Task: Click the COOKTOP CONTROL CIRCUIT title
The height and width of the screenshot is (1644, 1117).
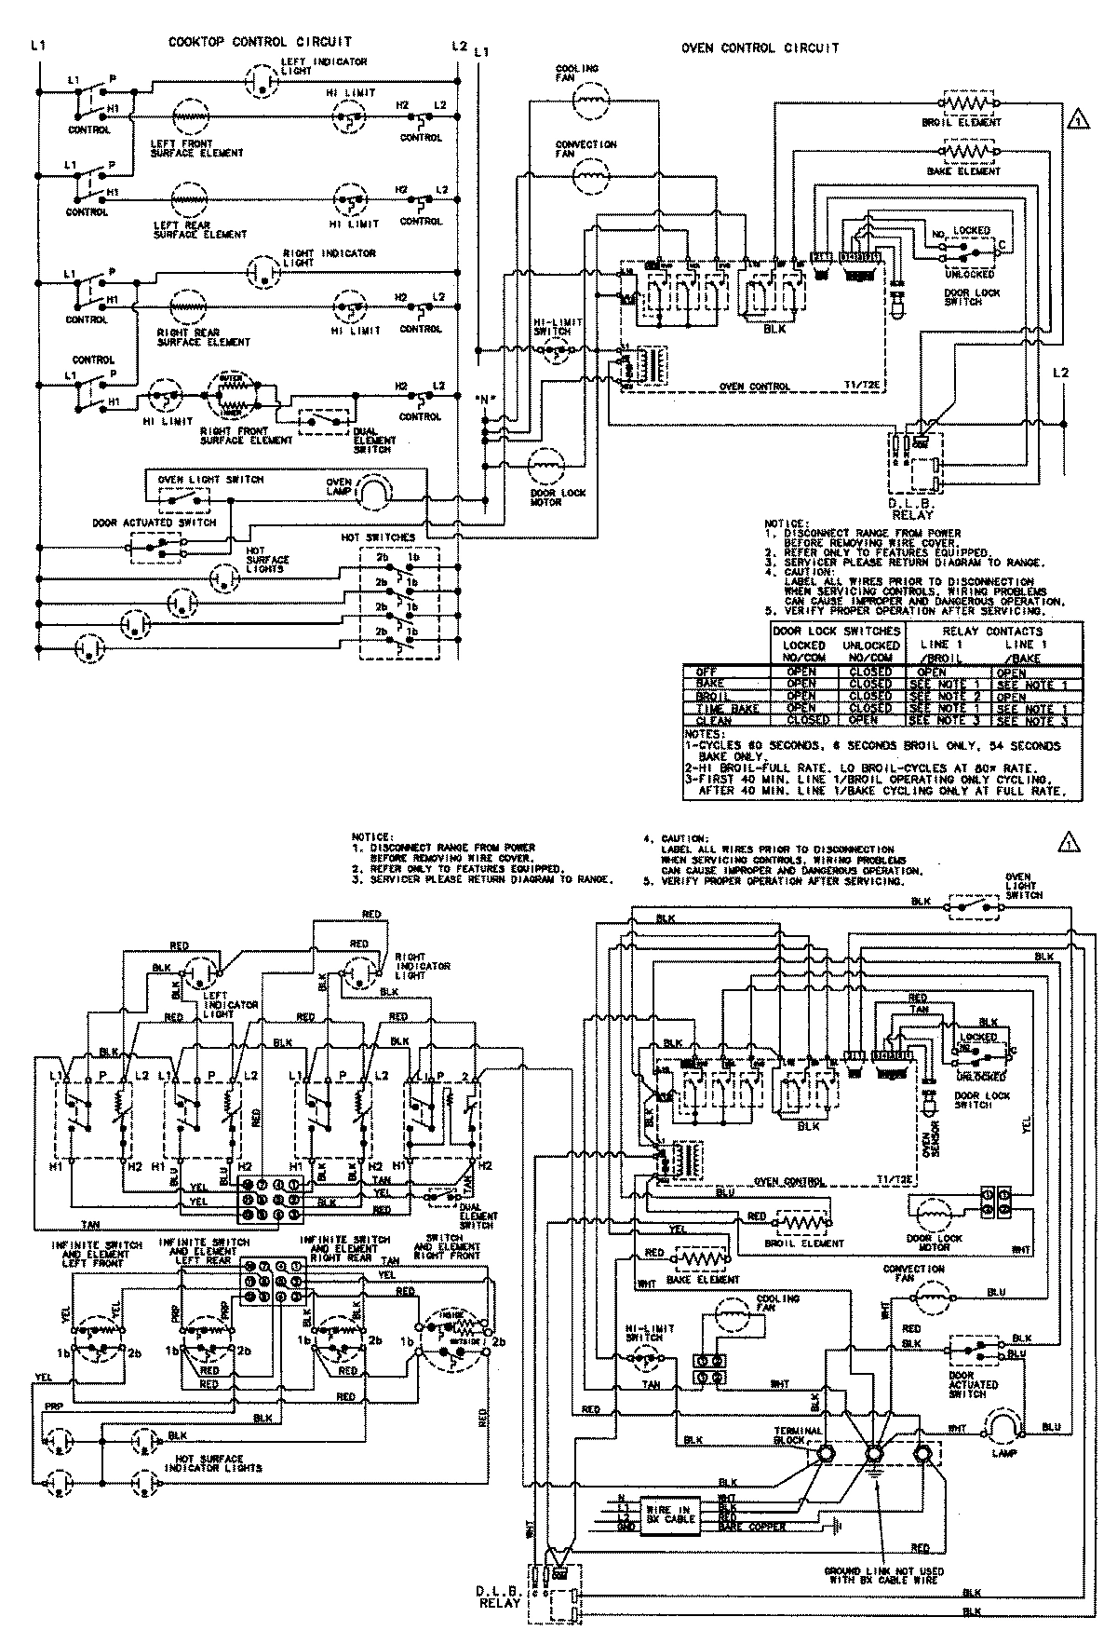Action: click(260, 42)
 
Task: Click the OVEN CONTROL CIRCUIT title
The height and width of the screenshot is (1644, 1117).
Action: click(760, 48)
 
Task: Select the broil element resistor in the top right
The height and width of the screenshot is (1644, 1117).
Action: click(971, 102)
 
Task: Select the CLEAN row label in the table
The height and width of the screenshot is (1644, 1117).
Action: click(714, 721)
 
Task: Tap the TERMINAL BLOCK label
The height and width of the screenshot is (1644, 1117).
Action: click(799, 1435)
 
